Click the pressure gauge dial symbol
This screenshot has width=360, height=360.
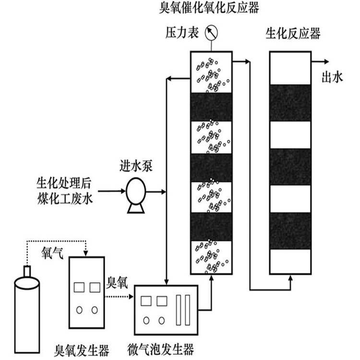tap(211, 34)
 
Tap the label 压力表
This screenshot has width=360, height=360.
tap(179, 34)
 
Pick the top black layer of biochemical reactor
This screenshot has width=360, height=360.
tap(291, 102)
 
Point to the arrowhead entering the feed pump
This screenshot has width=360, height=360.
tap(120, 192)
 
